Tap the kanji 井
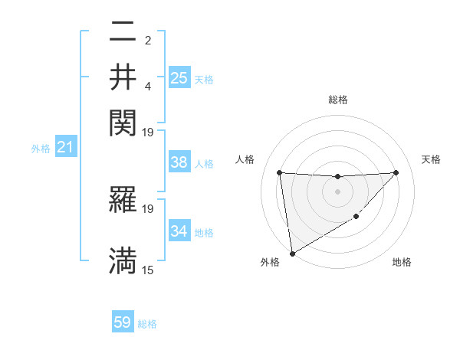123,77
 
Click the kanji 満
123,260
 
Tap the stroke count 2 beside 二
148,41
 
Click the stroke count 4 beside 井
148,83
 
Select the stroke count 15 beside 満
148,270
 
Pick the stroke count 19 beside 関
148,133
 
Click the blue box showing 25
179,77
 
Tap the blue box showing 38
179,162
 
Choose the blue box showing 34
179,231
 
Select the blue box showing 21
64,147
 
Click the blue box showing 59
123,322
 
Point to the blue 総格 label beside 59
147,324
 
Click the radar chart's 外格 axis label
270,263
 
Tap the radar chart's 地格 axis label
402,263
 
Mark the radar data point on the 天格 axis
396,172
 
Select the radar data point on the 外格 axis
291,254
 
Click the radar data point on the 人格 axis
279,172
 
